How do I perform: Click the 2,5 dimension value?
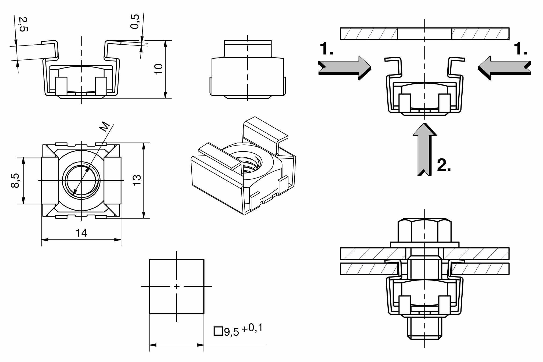(23, 24)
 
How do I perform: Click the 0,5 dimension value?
(135, 22)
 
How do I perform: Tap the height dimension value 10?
(158, 69)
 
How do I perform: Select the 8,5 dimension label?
(15, 180)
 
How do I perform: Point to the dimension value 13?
(137, 180)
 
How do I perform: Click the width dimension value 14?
(81, 233)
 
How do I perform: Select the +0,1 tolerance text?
(252, 328)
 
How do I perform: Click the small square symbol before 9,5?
(218, 331)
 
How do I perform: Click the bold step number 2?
(444, 165)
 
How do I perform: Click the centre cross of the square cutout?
(177, 286)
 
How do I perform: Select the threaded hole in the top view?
(81, 180)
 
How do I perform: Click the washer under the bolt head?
(424, 245)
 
